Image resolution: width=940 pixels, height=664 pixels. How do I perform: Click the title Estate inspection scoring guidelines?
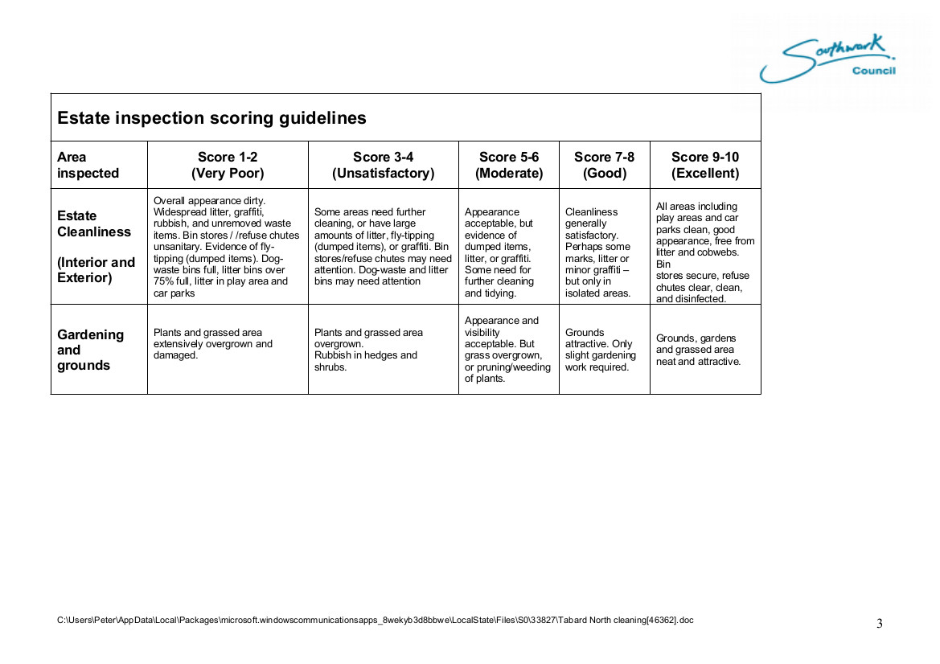coord(211,118)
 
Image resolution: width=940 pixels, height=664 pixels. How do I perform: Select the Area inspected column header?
coord(88,165)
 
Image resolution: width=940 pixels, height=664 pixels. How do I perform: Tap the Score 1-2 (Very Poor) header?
coord(228,165)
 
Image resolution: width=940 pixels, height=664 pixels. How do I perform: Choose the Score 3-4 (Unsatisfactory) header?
coord(383,165)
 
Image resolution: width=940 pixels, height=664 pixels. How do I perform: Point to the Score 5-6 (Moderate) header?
coord(509,165)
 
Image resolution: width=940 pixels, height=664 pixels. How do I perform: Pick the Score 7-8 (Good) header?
coord(604,165)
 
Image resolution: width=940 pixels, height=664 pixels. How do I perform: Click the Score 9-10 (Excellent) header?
coord(705,165)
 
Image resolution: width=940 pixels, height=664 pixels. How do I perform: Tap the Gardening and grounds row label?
coord(90,350)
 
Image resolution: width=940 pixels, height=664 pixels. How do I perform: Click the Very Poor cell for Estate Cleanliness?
coord(227,246)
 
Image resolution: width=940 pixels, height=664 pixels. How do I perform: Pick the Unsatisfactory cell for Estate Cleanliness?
coord(383,246)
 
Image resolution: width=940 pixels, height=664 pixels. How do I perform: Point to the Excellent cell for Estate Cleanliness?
coord(704,252)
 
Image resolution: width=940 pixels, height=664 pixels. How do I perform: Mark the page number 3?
coord(879,624)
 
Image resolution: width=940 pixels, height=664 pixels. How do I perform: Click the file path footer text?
coord(375,620)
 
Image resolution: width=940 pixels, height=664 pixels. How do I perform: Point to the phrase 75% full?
coord(173,281)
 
